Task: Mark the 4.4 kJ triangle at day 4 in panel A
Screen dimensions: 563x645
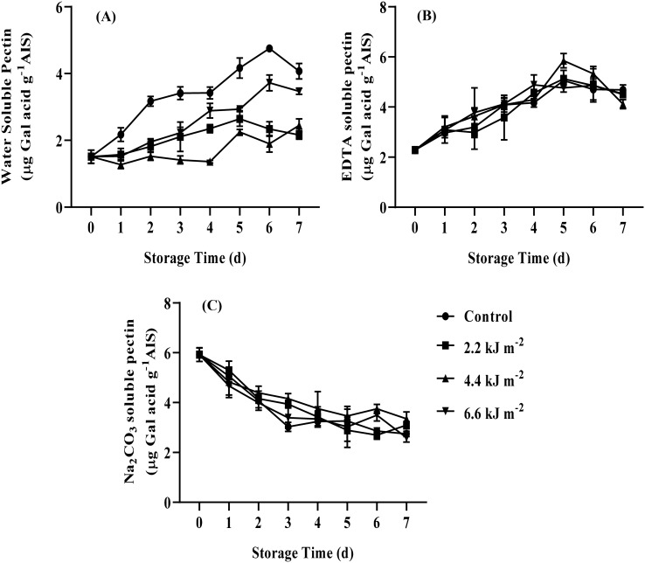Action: (x=210, y=162)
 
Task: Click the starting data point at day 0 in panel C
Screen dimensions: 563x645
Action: (x=200, y=354)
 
